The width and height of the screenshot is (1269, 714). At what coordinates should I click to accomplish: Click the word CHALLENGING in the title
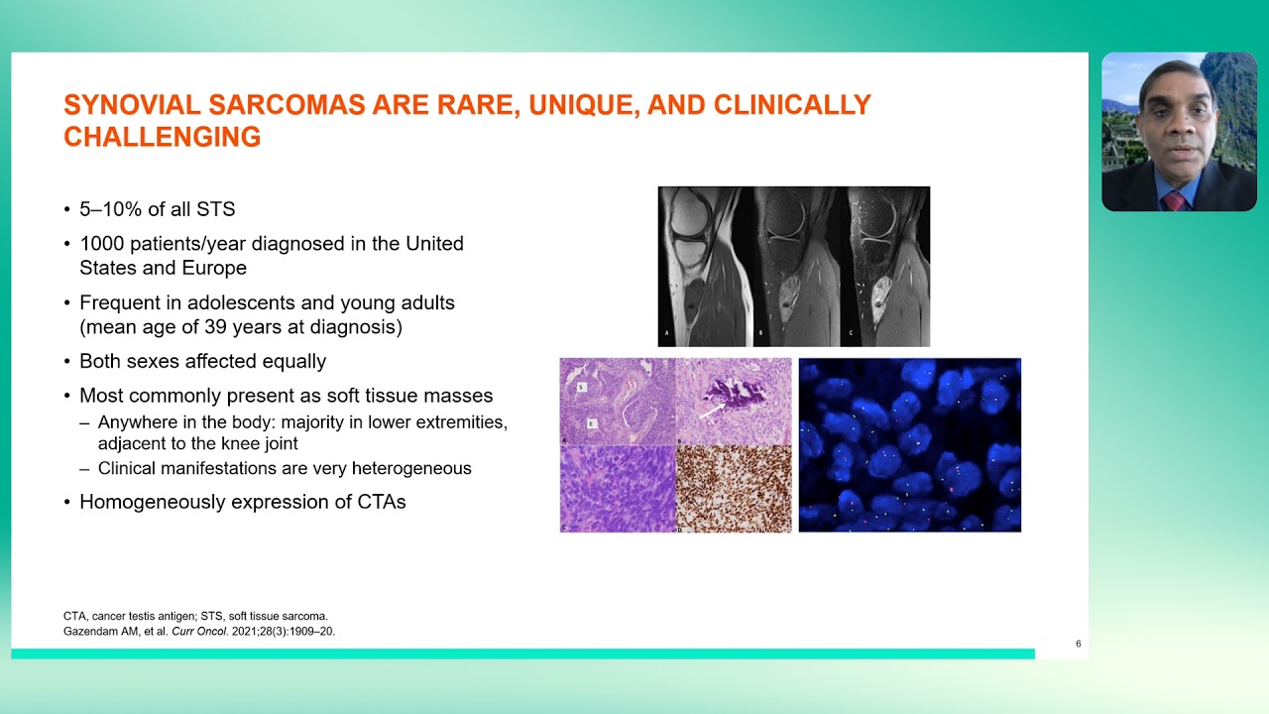coord(162,138)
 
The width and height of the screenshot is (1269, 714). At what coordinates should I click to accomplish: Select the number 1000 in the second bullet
coord(102,243)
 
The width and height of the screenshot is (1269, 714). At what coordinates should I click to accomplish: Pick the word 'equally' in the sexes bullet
coord(288,362)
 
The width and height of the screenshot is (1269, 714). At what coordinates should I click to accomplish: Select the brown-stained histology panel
coord(734,489)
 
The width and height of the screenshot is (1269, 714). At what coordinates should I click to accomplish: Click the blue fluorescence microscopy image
coord(909,444)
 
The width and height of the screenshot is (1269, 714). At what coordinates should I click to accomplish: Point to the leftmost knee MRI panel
coord(703,266)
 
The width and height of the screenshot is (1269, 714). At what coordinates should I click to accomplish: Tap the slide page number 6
coord(1079,644)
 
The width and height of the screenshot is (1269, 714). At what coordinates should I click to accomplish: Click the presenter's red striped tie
coord(1176,201)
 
